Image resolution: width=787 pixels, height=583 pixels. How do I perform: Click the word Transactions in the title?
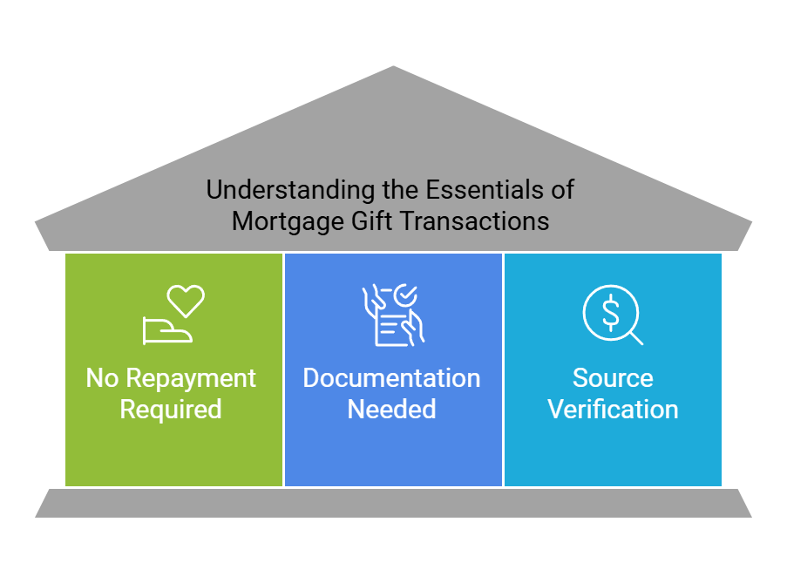click(475, 221)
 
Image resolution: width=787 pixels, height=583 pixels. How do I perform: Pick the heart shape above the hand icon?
click(186, 301)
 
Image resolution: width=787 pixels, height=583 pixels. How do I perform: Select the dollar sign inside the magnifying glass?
click(611, 311)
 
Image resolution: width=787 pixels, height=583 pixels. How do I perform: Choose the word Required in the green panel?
click(171, 409)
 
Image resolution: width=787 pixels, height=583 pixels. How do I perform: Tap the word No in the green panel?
click(101, 378)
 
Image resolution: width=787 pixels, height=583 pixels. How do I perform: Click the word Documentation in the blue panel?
click(392, 378)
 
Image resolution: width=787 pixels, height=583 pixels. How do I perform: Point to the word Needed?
click(392, 409)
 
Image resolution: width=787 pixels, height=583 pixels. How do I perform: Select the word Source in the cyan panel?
click(613, 378)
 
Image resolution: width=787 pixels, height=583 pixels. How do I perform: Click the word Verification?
click(613, 409)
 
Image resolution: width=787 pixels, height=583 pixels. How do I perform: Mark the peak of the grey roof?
click(394, 67)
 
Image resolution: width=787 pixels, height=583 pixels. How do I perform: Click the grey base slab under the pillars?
click(394, 503)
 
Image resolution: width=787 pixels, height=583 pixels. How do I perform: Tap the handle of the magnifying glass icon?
click(636, 337)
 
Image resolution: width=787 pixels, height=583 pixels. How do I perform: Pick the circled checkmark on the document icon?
click(405, 296)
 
